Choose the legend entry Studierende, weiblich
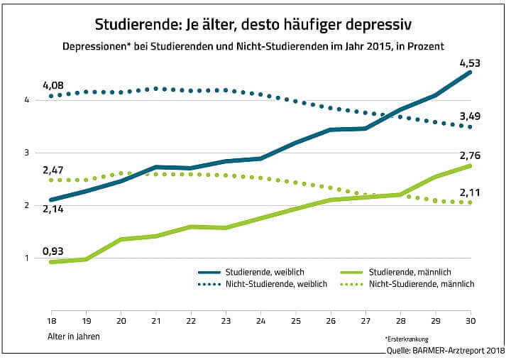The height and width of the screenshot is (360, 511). pyautogui.click(x=256, y=272)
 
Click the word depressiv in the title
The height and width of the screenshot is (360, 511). pyautogui.click(x=383, y=24)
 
